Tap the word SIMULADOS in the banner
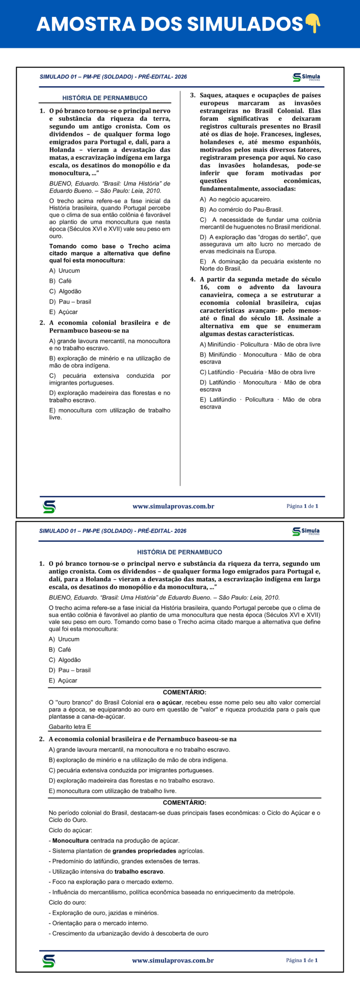pos(245,24)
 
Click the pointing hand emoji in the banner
pos(312,23)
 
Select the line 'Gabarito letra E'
pos(70,727)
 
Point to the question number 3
pos(193,95)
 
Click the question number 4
pos(193,279)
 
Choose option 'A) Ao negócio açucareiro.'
pos(235,199)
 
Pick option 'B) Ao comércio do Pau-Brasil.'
pos(241,209)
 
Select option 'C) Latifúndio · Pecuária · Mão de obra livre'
pos(257,372)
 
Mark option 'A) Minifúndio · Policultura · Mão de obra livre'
pos(260,344)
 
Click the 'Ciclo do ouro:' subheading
pos(67,902)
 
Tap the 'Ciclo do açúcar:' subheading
pos(70,830)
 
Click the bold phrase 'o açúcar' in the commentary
pos(169,702)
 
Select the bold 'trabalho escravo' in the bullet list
pos(139,872)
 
